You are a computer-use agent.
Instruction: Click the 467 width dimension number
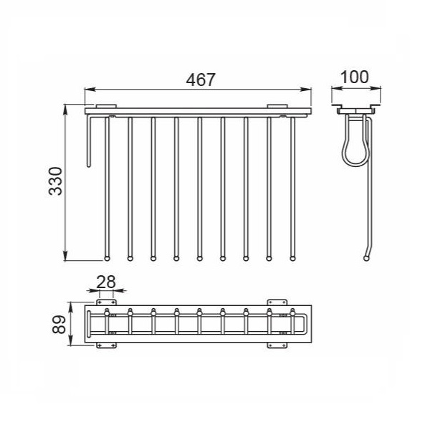coord(201,80)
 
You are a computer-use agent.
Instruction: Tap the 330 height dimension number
coord(55,181)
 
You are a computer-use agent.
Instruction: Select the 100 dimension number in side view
coord(354,77)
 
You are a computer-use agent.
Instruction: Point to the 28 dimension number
coord(106,282)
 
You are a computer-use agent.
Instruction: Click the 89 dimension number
coord(59,325)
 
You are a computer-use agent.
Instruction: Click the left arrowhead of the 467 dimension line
coord(90,90)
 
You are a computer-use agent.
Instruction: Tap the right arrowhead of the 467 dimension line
coord(306,90)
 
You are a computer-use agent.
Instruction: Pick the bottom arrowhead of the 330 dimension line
coord(65,256)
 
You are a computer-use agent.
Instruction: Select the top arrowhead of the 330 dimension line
coord(65,110)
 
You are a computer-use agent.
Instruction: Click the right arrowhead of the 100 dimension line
coord(376,88)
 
